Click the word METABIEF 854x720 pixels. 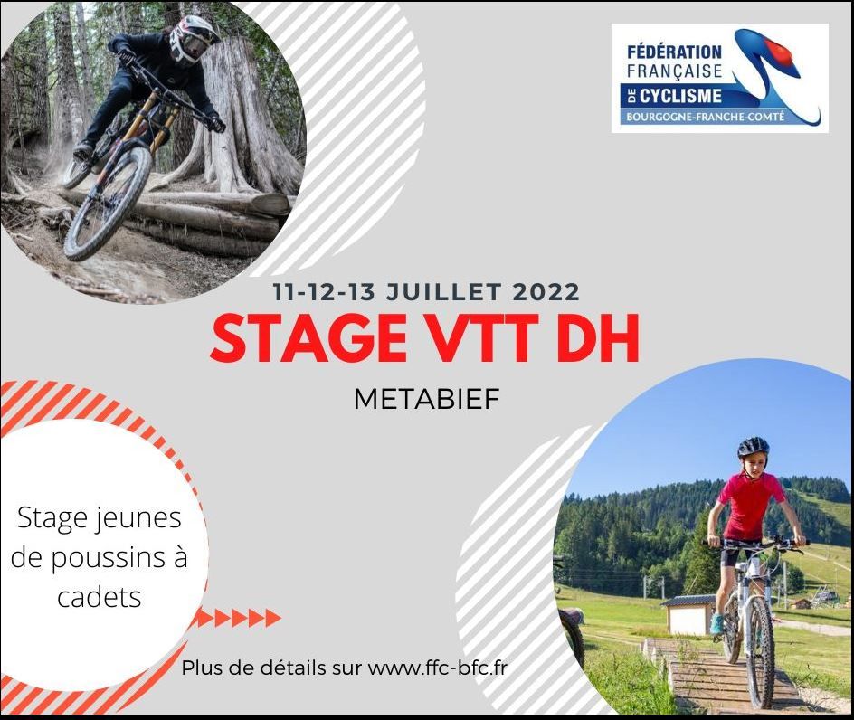click(x=426, y=399)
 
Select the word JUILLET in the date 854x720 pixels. click(x=443, y=292)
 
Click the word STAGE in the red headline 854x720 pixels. click(x=308, y=339)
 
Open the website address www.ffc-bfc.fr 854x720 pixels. click(x=437, y=668)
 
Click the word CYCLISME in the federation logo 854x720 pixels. click(x=680, y=97)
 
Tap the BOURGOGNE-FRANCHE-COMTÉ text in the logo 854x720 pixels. click(x=706, y=117)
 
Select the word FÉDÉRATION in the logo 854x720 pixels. click(x=674, y=52)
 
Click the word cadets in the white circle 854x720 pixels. click(x=100, y=597)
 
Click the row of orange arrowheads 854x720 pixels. click(x=239, y=618)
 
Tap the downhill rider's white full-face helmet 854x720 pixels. click(x=193, y=39)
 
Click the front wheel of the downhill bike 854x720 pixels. click(x=108, y=203)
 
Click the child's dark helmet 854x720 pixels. click(x=754, y=448)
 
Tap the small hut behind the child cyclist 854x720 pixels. click(x=687, y=614)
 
